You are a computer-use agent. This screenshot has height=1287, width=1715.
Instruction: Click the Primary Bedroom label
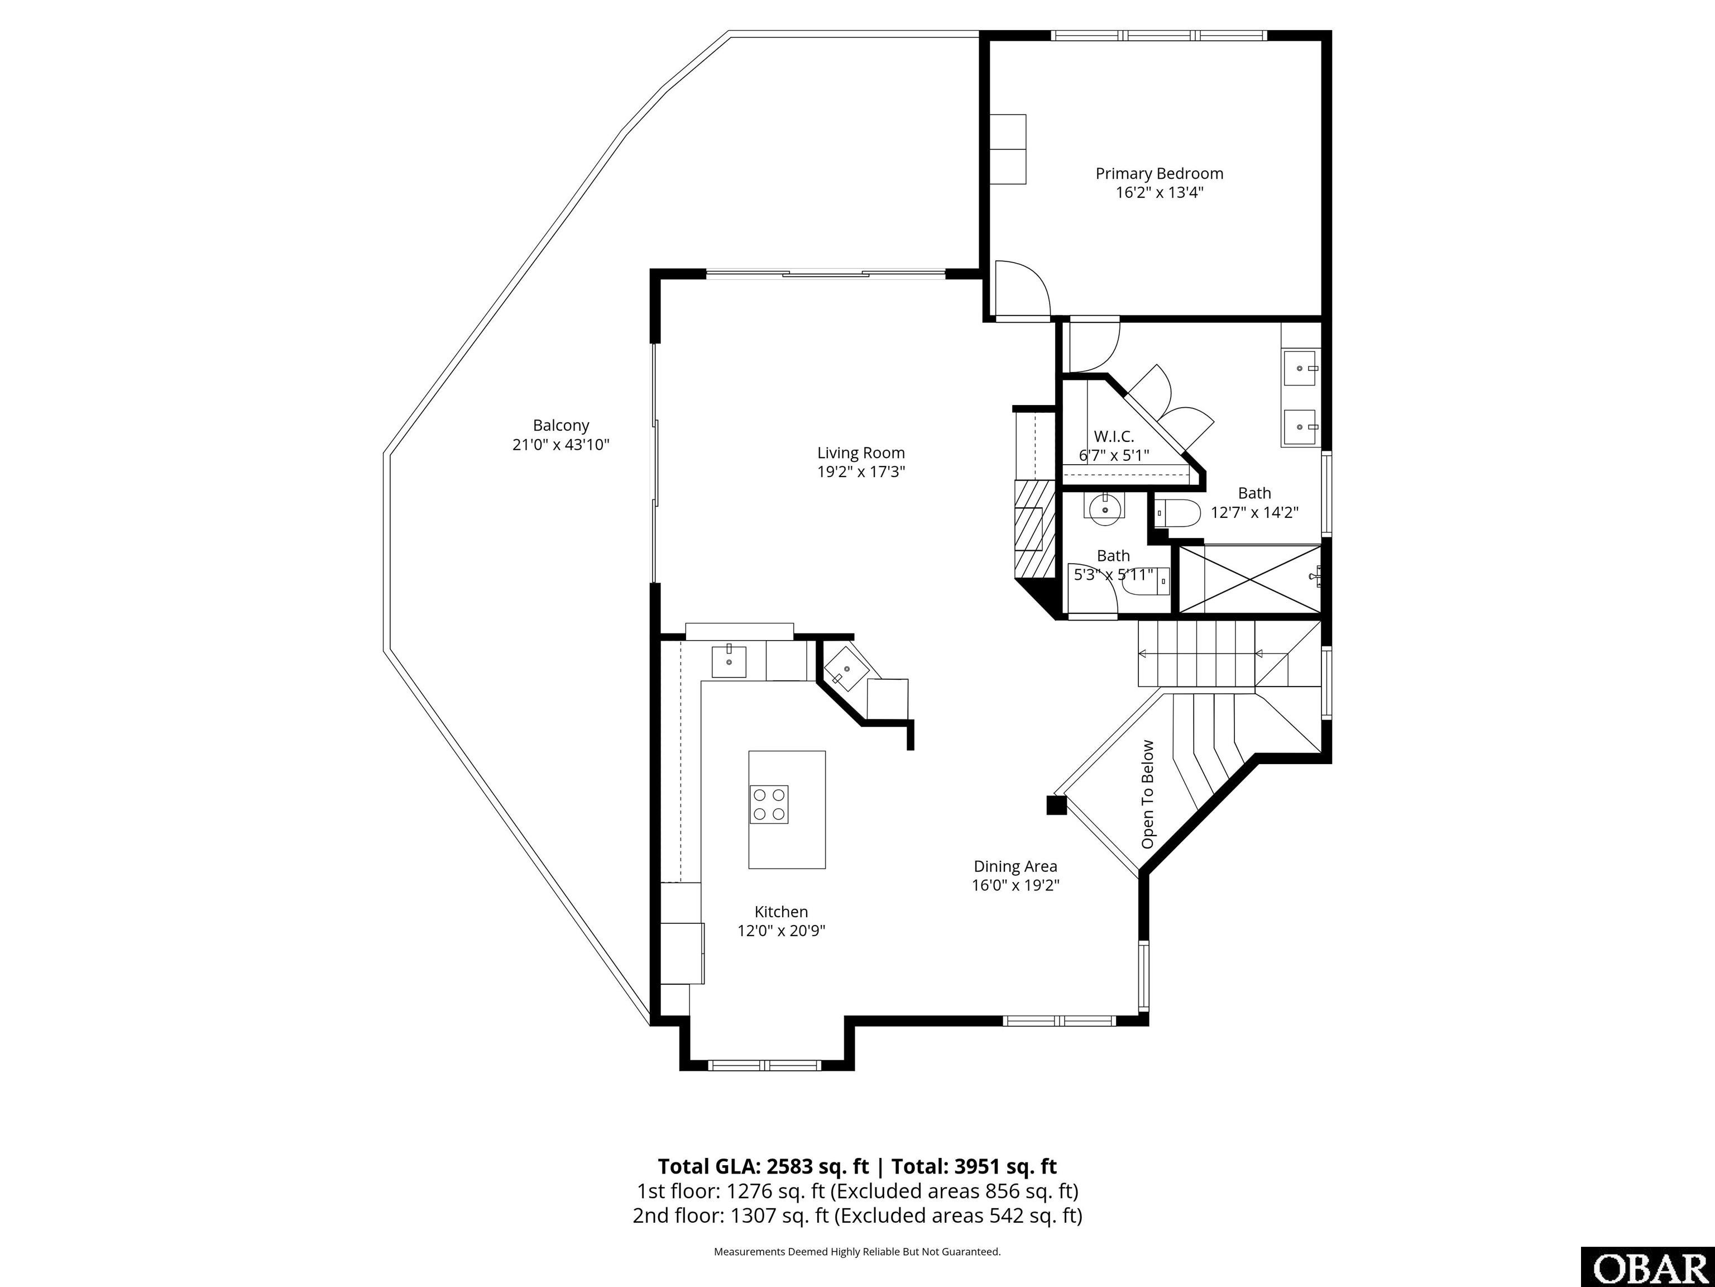point(1159,174)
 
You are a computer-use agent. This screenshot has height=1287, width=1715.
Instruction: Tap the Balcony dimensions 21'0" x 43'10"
point(561,445)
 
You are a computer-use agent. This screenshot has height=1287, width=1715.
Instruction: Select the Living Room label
point(861,453)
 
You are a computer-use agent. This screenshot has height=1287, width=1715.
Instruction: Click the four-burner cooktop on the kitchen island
point(768,804)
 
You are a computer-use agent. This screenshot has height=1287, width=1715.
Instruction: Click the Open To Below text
point(1147,794)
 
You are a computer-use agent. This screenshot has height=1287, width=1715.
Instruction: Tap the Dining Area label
point(1015,866)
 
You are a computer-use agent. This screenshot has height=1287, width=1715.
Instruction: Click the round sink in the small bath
point(1104,509)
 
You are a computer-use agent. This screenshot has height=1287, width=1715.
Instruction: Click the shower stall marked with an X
point(1248,578)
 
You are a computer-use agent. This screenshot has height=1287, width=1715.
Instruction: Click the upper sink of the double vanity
point(1300,368)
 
